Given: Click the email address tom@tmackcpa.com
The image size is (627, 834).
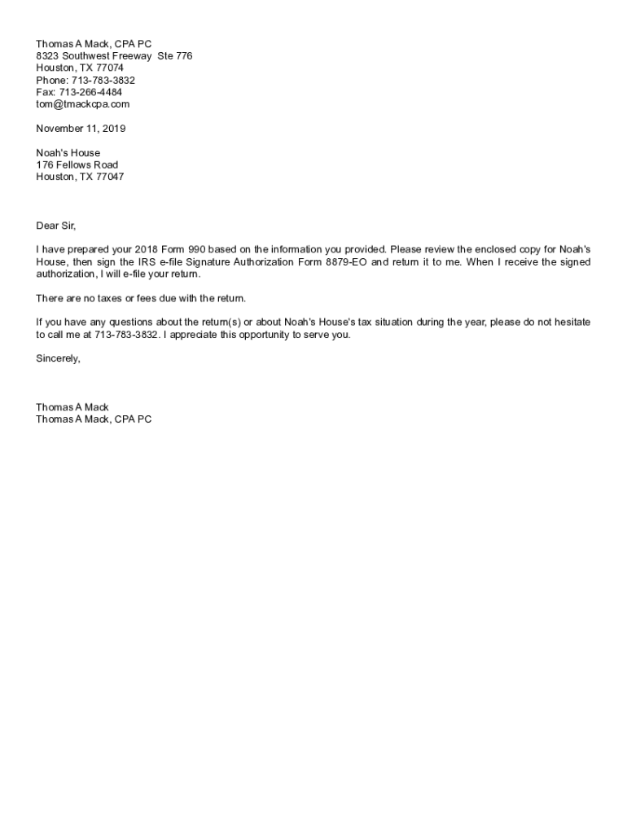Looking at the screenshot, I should [x=82, y=104].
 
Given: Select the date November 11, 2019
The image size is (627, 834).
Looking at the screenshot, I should [x=81, y=129].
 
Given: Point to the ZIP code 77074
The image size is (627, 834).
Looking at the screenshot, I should [x=110, y=68].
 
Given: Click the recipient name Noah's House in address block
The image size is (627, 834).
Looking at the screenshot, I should [x=68, y=153].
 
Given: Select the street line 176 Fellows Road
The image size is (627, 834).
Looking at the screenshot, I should [x=77, y=165].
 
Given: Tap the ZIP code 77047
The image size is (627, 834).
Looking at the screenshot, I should [x=110, y=177].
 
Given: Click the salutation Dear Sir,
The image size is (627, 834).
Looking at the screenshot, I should [x=55, y=226].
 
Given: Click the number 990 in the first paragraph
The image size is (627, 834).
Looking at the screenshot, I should [x=196, y=250].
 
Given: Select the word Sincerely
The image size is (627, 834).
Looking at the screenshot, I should [x=58, y=358].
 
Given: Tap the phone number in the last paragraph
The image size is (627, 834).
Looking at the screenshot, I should [x=125, y=335].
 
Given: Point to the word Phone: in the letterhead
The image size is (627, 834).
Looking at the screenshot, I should [x=50, y=81].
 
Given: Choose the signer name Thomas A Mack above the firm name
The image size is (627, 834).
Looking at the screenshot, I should [x=72, y=407].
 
